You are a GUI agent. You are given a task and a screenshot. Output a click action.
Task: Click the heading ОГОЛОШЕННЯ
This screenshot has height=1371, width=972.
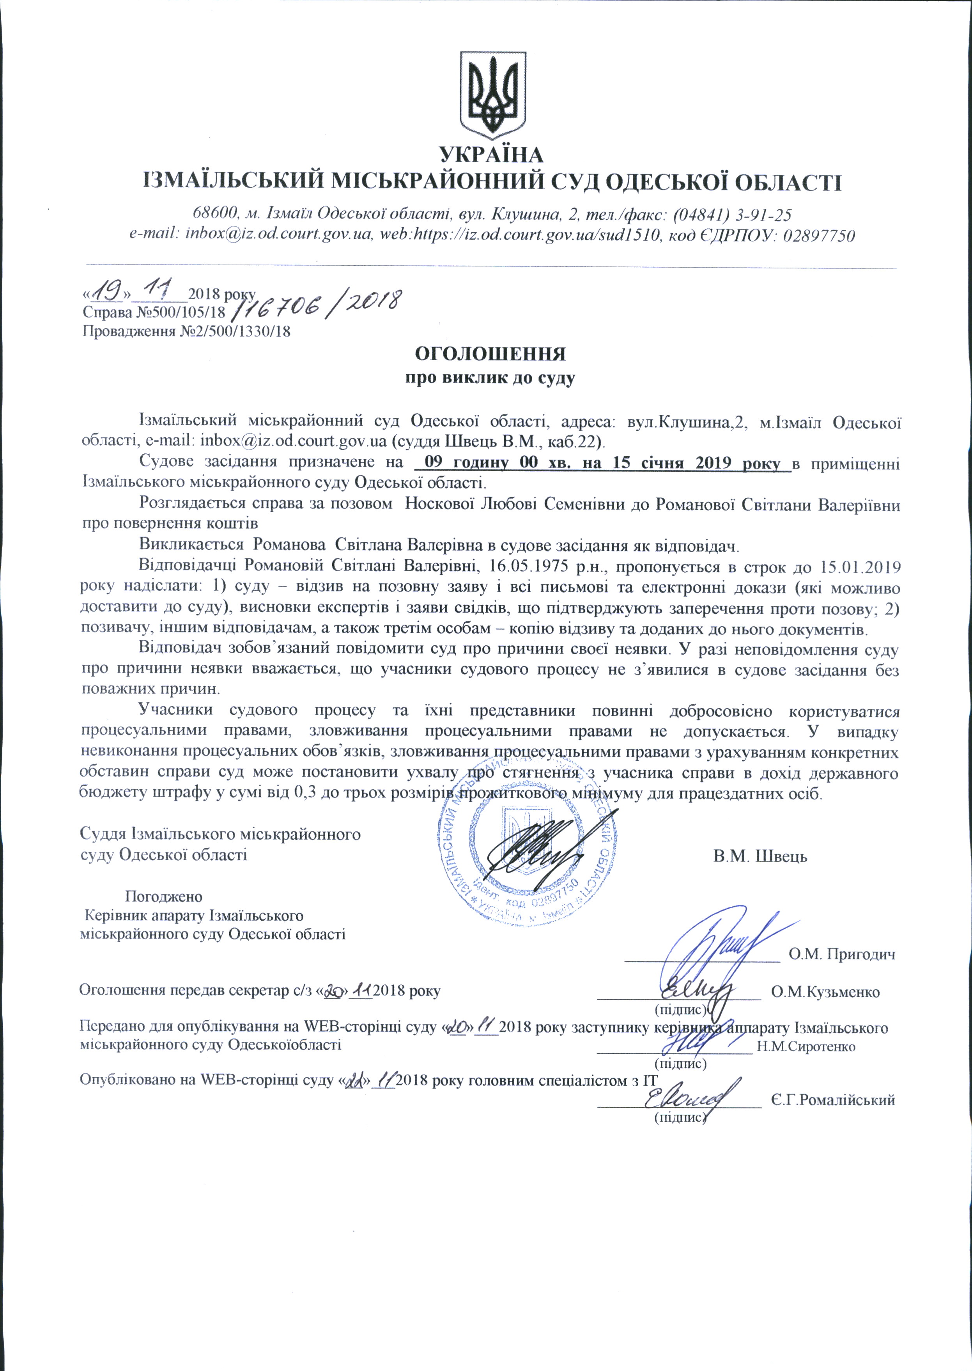point(491,353)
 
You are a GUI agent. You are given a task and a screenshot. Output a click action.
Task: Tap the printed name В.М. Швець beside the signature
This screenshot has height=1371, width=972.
point(760,856)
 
